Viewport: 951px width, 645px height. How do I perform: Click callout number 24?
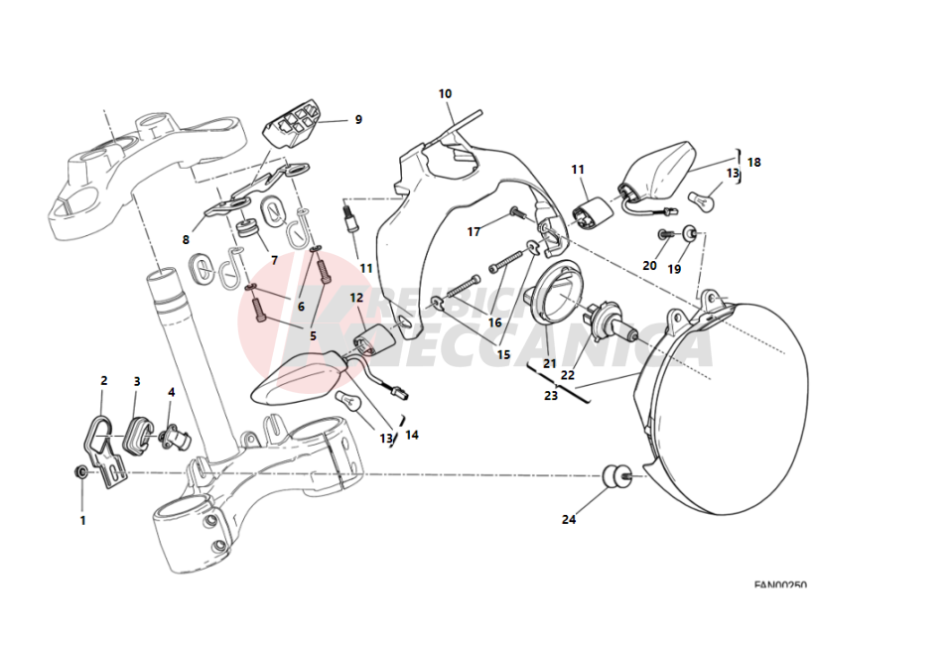point(569,519)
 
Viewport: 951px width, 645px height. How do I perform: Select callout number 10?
point(445,94)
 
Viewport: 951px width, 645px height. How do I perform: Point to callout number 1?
point(82,519)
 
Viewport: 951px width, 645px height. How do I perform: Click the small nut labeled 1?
point(80,469)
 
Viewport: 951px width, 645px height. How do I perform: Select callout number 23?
point(551,395)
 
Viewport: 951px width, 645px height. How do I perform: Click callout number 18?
point(754,162)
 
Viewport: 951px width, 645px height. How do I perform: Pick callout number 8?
point(186,239)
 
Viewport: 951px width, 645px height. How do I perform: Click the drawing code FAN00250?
point(779,585)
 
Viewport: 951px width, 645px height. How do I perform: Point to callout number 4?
point(171,392)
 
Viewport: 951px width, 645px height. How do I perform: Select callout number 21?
point(549,364)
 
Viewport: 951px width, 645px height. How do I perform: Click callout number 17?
point(475,232)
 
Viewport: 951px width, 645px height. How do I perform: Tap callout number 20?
point(649,266)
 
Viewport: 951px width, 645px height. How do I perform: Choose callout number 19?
point(674,269)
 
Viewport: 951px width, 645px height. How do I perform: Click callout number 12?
point(356,298)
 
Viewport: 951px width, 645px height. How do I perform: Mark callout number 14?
point(412,435)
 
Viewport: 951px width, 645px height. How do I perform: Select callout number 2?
point(103,380)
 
